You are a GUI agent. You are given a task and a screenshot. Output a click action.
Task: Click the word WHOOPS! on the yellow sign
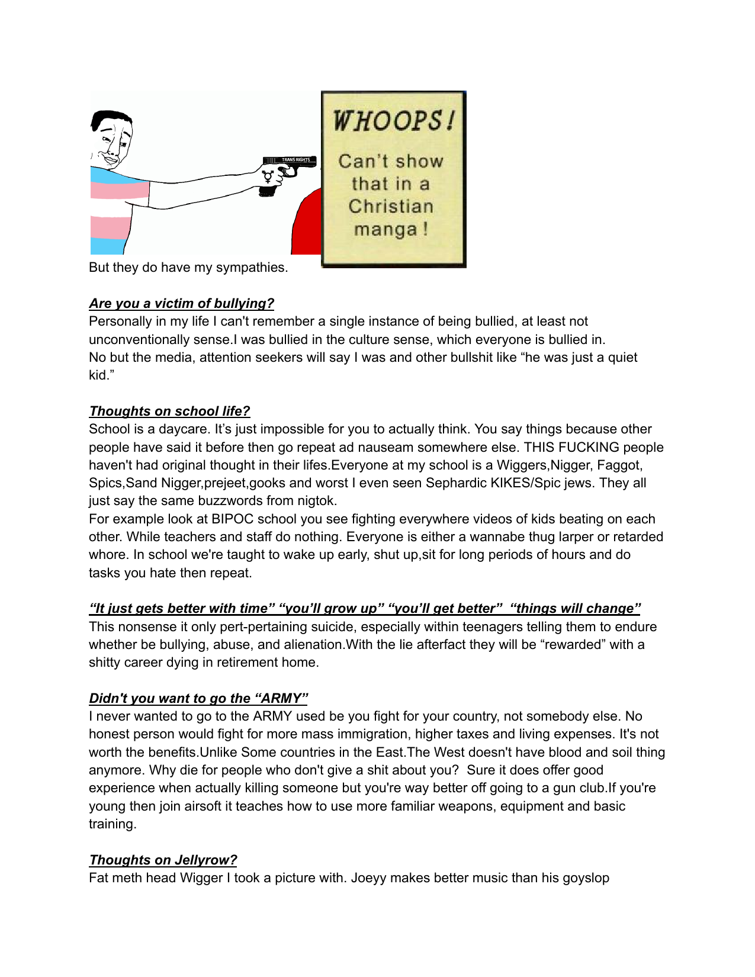(394, 121)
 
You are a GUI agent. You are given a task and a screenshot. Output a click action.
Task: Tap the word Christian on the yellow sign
(391, 207)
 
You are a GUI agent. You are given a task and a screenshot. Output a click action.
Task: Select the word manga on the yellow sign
(385, 229)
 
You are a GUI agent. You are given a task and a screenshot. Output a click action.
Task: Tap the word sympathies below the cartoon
(252, 268)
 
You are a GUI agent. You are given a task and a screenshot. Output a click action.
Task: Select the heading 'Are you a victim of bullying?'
(181, 304)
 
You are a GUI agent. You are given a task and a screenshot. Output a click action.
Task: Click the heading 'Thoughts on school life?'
(169, 412)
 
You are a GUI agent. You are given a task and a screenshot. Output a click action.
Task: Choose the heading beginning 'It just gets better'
(364, 609)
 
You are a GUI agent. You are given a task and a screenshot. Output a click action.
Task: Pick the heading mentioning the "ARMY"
(198, 699)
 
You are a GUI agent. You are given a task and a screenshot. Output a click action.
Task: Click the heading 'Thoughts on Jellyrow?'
(163, 860)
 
